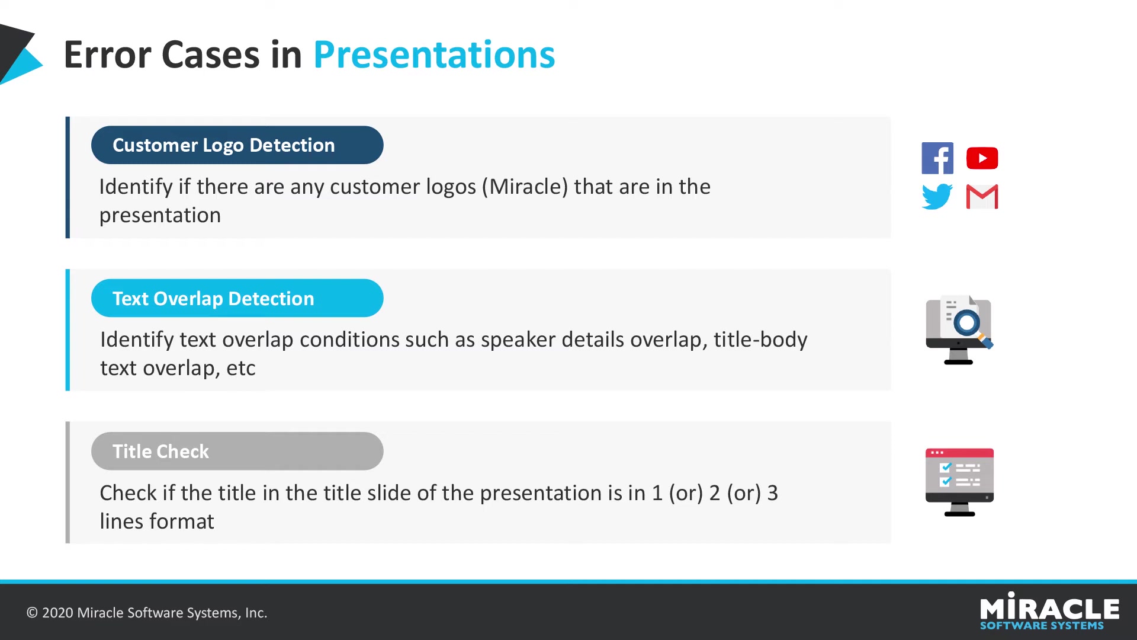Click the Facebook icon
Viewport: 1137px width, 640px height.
click(937, 158)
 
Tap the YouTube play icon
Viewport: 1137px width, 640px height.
click(982, 158)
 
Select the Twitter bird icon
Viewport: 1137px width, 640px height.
click(937, 197)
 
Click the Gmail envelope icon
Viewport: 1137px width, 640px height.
click(982, 197)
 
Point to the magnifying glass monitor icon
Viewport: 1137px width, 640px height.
click(959, 329)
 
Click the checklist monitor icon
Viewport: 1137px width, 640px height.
click(959, 482)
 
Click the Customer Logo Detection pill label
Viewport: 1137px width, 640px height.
click(237, 145)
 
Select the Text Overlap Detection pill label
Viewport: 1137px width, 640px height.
click(237, 298)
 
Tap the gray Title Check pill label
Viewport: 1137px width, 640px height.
click(237, 451)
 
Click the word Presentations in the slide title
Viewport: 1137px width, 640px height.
click(434, 55)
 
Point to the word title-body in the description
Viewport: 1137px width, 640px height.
click(760, 340)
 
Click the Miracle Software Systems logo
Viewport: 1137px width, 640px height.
click(1049, 611)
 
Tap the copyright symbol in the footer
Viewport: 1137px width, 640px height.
click(32, 613)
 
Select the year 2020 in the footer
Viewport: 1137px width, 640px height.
click(57, 613)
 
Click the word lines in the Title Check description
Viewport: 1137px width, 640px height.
click(121, 521)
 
